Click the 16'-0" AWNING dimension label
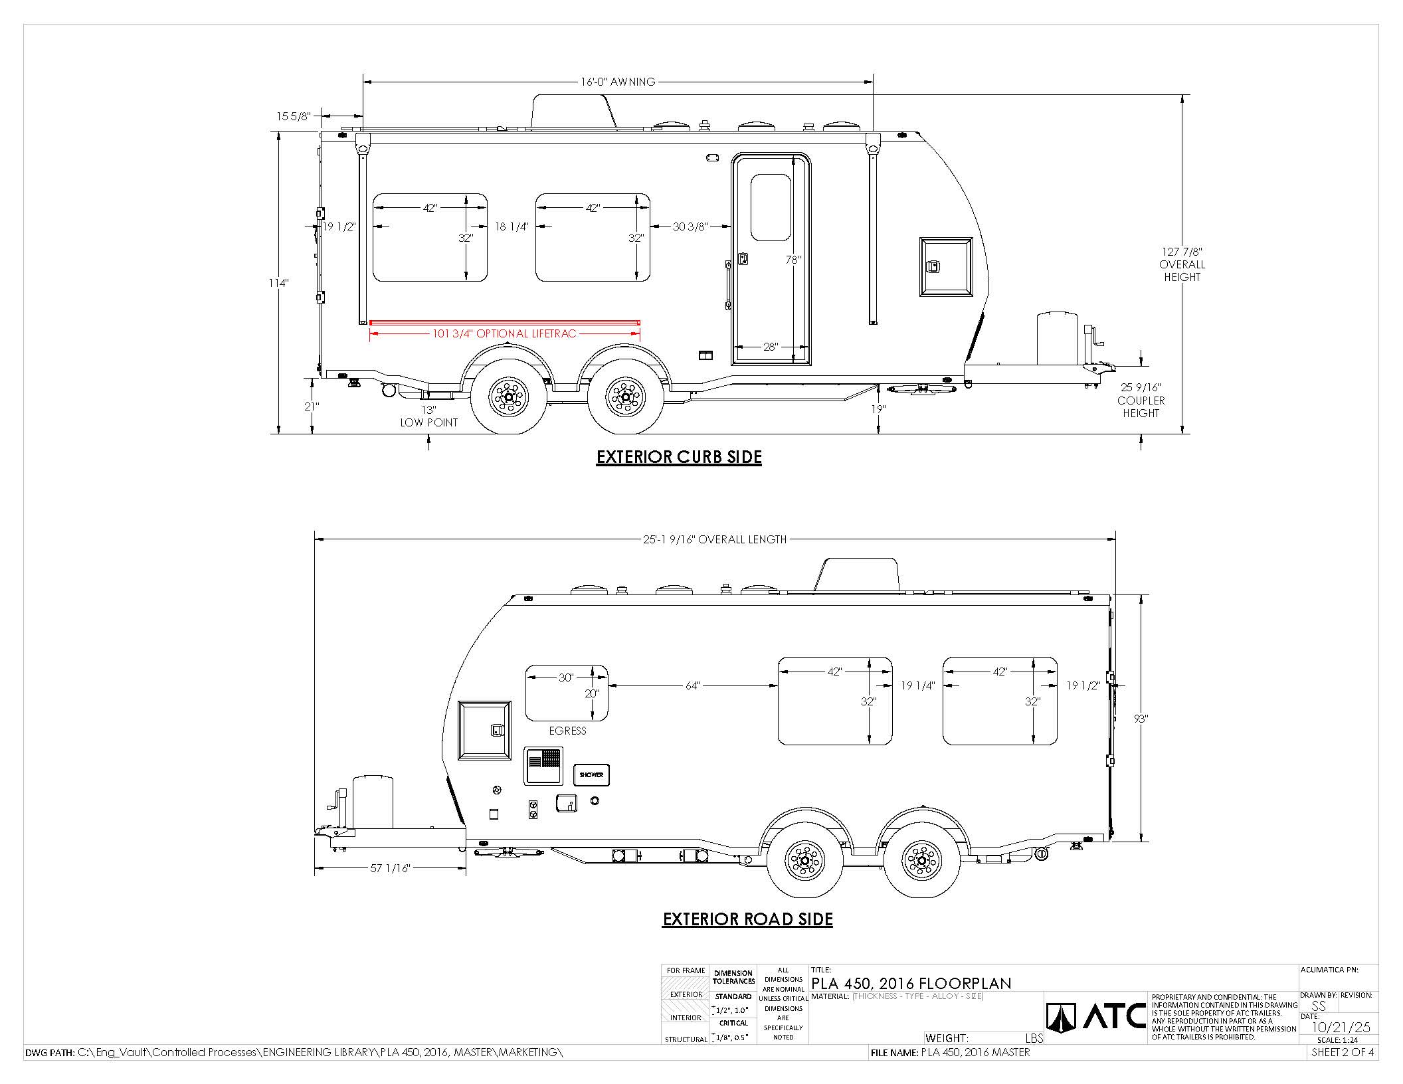[x=618, y=82]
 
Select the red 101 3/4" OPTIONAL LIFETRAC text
[x=504, y=333]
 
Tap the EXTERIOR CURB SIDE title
[x=679, y=457]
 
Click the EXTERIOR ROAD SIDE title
[x=747, y=919]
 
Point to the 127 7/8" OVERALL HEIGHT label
[x=1182, y=264]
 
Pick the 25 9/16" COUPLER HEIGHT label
[x=1141, y=400]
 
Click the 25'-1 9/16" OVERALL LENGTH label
[x=715, y=539]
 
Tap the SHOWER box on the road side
[x=591, y=774]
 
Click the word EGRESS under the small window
[x=567, y=731]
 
